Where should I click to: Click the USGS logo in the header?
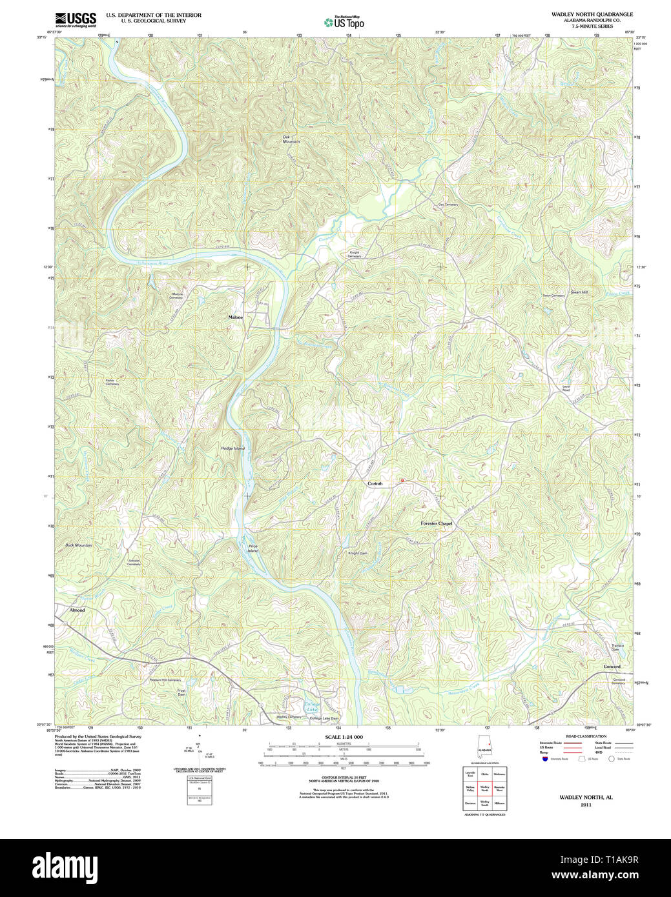click(76, 19)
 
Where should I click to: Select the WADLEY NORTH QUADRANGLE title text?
click(592, 14)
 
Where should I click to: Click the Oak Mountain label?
click(291, 139)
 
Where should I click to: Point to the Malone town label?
click(236, 317)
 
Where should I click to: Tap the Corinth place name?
click(375, 483)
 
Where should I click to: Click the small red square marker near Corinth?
click(402, 481)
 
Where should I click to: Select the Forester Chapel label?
click(437, 523)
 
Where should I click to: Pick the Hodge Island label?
click(232, 448)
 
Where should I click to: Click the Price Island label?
click(253, 549)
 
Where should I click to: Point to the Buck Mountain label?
click(79, 545)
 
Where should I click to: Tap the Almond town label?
click(77, 610)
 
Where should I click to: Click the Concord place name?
click(612, 667)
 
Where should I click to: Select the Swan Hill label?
click(579, 292)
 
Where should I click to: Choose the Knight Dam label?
click(358, 553)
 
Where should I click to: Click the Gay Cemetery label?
click(448, 205)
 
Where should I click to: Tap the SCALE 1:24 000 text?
click(344, 737)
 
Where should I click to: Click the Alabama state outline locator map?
click(484, 749)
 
